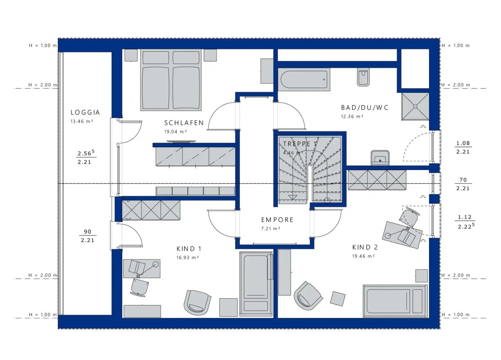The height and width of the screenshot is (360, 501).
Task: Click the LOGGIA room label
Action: pyautogui.click(x=85, y=112)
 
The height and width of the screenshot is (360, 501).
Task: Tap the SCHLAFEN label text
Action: pyautogui.click(x=184, y=123)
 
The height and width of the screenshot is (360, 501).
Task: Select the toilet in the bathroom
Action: pyautogui.click(x=363, y=77)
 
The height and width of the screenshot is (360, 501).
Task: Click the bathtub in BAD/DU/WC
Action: pyautogui.click(x=304, y=80)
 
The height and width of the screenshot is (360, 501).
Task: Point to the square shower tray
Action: pyautogui.click(x=415, y=107)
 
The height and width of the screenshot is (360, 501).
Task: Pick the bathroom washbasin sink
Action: pyautogui.click(x=380, y=157)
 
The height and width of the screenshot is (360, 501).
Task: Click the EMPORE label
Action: pyautogui.click(x=278, y=220)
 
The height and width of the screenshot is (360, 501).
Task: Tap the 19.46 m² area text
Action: pyautogui.click(x=363, y=256)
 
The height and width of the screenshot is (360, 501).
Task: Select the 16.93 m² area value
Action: pyautogui.click(x=187, y=257)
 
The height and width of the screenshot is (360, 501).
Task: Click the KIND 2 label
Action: pyautogui.click(x=365, y=248)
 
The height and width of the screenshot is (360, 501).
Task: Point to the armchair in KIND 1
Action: pyautogui.click(x=197, y=302)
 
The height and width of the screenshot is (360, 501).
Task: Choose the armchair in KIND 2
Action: pyautogui.click(x=308, y=296)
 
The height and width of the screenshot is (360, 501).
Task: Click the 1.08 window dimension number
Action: pyautogui.click(x=463, y=143)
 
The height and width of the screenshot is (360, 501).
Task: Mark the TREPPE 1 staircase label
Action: pyautogui.click(x=300, y=144)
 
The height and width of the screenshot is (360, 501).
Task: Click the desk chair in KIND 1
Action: pyautogui.click(x=140, y=288)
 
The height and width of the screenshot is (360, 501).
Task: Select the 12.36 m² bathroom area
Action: pyautogui.click(x=352, y=116)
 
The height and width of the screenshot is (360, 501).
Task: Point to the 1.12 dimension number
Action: pyautogui.click(x=465, y=217)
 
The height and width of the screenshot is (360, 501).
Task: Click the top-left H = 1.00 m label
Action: pyautogui.click(x=43, y=45)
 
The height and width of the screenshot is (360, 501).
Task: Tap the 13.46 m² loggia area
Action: pyautogui.click(x=82, y=121)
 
